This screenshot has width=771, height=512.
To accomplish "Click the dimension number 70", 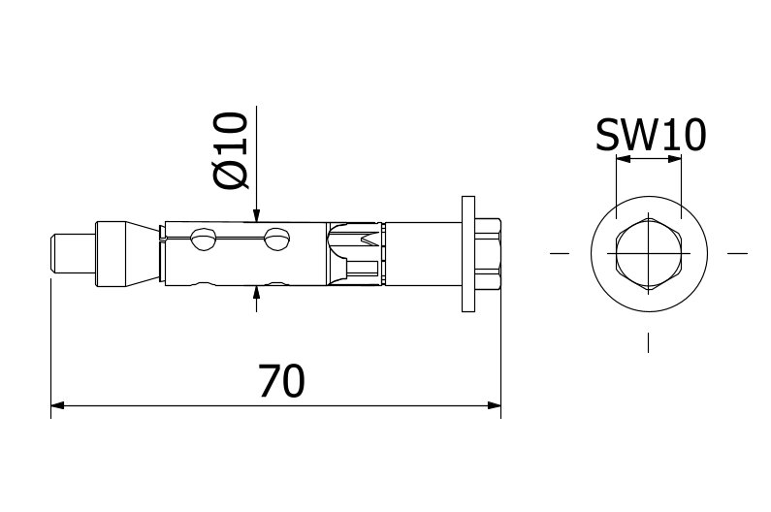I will tap(281, 382).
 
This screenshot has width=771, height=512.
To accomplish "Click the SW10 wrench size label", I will tap(650, 136).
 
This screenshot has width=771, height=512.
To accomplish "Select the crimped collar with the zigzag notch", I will tap(353, 253).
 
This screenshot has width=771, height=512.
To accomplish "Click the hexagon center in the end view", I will tap(649, 253).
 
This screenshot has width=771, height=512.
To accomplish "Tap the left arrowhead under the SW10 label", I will tap(622, 162).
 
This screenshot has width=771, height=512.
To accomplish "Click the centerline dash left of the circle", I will tap(559, 253).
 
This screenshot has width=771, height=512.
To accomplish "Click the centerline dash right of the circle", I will tap(738, 253).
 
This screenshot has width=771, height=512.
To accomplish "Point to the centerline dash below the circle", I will tap(649, 342).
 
